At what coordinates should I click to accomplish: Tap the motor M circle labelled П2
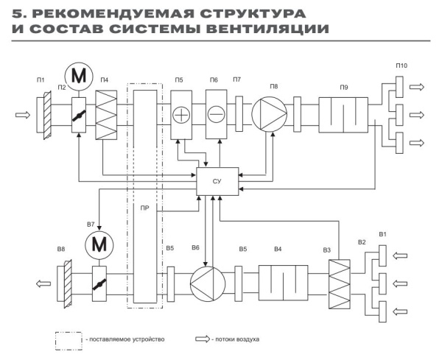coord(79,75)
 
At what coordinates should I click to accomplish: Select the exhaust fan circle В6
coord(206,281)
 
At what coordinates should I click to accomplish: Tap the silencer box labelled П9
coord(343,116)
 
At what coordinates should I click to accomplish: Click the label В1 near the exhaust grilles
coord(383,235)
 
